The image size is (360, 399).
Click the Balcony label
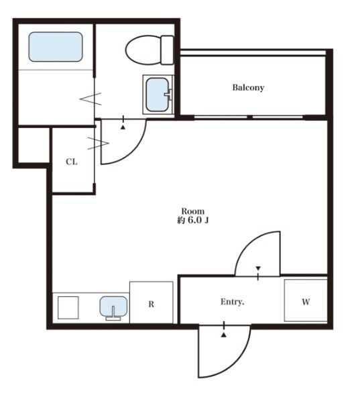tap(248, 88)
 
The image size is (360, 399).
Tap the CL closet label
tap(72, 162)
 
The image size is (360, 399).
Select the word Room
tap(193, 211)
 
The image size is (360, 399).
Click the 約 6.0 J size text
tap(193, 220)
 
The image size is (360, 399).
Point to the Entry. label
tap(232, 302)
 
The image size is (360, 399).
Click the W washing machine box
tap(306, 300)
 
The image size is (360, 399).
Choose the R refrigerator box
tap(152, 302)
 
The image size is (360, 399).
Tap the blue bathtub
tap(56, 47)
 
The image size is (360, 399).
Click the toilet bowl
tap(143, 50)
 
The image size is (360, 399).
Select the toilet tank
tap(168, 50)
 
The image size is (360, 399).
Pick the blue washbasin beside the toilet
tap(158, 95)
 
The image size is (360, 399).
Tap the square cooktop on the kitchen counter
tap(68, 308)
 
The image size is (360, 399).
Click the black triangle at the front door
tap(224, 335)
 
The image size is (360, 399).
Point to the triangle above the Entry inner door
tap(258, 268)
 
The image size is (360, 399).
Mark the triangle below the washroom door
tap(123, 127)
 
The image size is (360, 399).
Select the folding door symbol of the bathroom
tap(91, 99)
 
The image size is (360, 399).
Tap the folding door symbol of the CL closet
tap(98, 144)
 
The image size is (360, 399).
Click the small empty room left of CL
tap(34, 145)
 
